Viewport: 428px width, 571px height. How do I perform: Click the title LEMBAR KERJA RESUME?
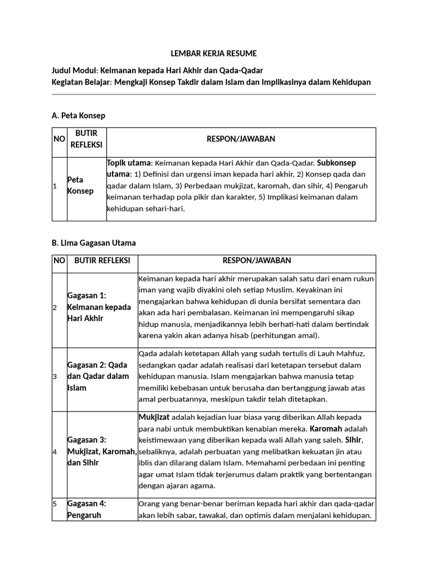coord(213,54)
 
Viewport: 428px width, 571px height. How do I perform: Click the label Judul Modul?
coord(74,70)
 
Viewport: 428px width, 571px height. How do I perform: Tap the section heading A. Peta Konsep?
coord(78,115)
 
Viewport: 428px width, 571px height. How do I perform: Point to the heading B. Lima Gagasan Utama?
coord(93,243)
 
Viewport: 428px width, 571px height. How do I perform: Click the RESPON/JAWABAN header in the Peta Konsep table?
coord(241,139)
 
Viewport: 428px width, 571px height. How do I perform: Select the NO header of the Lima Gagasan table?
coord(59,260)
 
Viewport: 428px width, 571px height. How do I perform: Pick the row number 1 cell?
coord(55,186)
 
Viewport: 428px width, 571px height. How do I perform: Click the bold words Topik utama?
coord(129,163)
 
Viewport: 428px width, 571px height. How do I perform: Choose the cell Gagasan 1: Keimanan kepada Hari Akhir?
coord(99,307)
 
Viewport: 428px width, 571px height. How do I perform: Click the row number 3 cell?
coord(55,376)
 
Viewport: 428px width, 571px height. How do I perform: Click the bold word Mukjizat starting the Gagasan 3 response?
coord(154,417)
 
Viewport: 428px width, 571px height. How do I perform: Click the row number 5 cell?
coord(55,504)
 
